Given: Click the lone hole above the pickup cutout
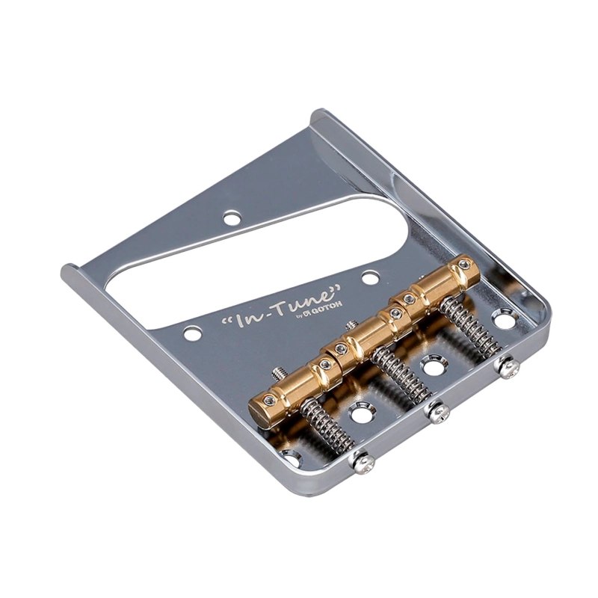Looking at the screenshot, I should tap(232, 218).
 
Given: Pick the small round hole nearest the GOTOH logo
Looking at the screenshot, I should tap(370, 278).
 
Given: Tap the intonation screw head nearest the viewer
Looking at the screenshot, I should tap(365, 463).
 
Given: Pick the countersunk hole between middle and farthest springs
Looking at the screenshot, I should tap(432, 366).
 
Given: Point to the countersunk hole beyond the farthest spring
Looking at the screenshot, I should tap(503, 321).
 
